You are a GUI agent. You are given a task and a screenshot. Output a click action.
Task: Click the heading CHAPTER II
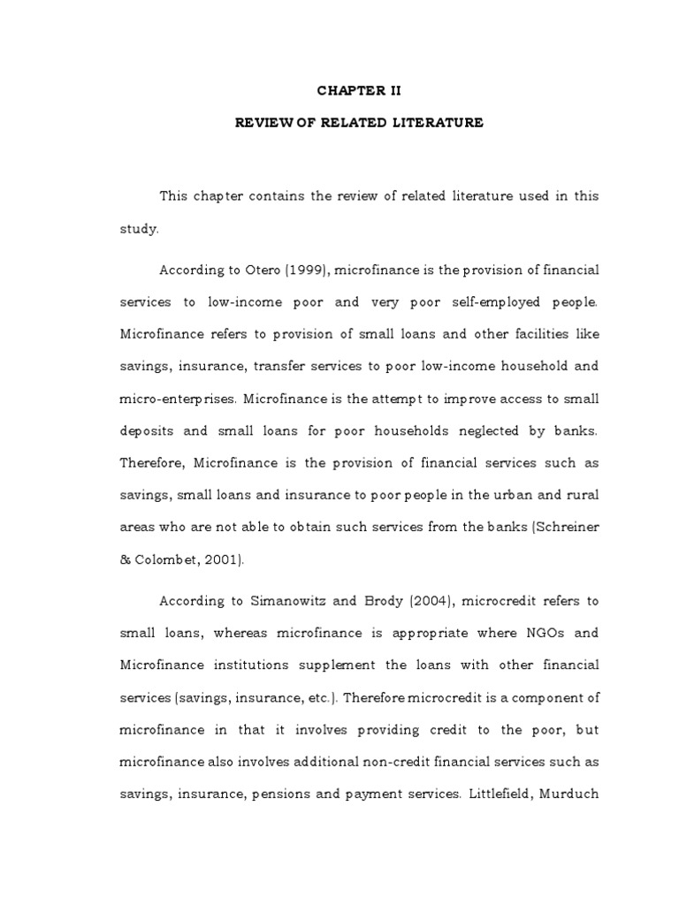pyautogui.click(x=359, y=89)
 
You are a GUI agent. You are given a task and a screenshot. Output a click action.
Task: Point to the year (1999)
pyautogui.click(x=303, y=269)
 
